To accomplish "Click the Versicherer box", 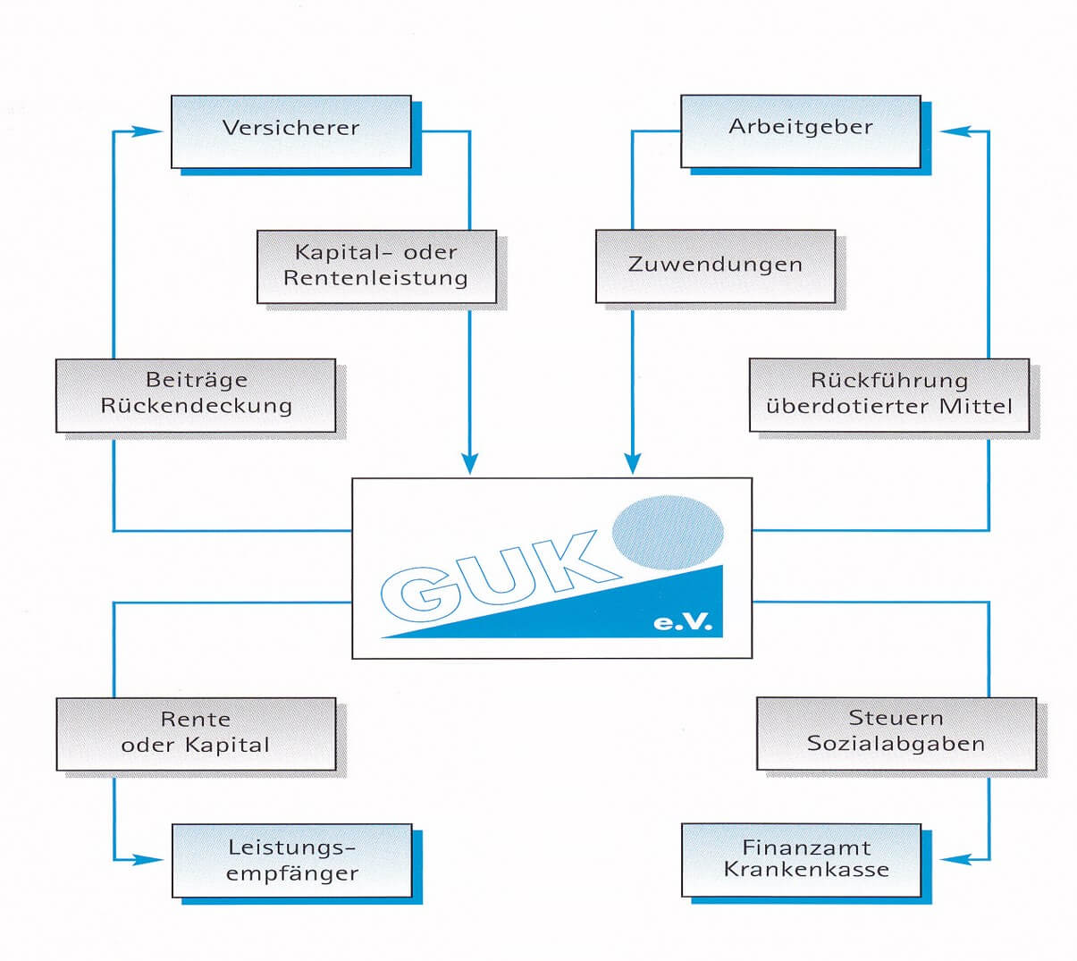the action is pyautogui.click(x=291, y=132).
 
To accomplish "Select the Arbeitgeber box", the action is pyautogui.click(x=801, y=131).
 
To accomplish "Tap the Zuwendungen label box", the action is pyautogui.click(x=716, y=266).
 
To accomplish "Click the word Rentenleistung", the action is pyautogui.click(x=375, y=279).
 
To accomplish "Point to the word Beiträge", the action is pyautogui.click(x=197, y=380).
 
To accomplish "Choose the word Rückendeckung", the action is pyautogui.click(x=196, y=407).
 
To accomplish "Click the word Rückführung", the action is pyautogui.click(x=889, y=381).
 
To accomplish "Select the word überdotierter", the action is pyautogui.click(x=849, y=407).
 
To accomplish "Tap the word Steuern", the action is pyautogui.click(x=896, y=718).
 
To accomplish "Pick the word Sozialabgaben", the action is pyautogui.click(x=896, y=744).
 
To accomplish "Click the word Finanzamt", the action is pyautogui.click(x=806, y=847).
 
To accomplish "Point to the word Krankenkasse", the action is pyautogui.click(x=806, y=870).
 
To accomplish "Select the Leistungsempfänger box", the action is pyautogui.click(x=292, y=861).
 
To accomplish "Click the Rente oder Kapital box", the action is pyautogui.click(x=196, y=734).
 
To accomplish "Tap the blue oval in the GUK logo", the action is pyautogui.click(x=668, y=533).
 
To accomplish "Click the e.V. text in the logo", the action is pyautogui.click(x=682, y=621).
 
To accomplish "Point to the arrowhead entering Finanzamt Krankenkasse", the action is pyautogui.click(x=955, y=859).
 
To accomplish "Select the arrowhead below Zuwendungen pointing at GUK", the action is pyautogui.click(x=632, y=463).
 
